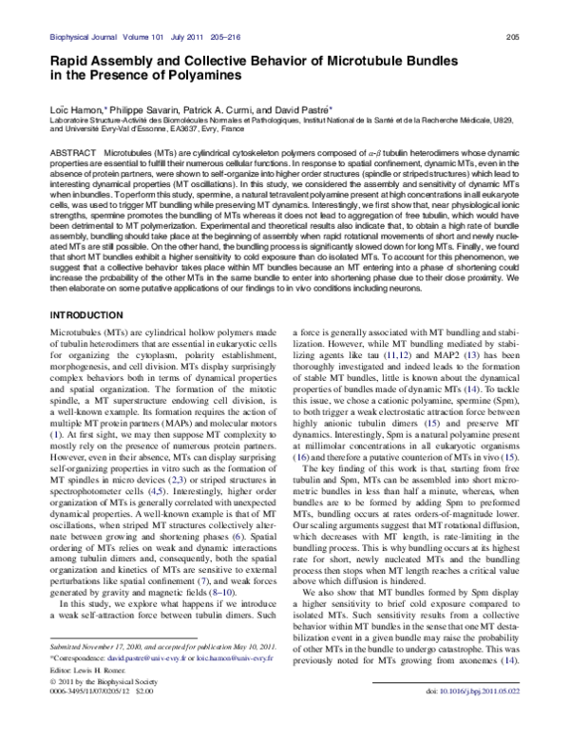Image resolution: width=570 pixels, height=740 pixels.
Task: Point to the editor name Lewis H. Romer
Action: pyautogui.click(x=98, y=669)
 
